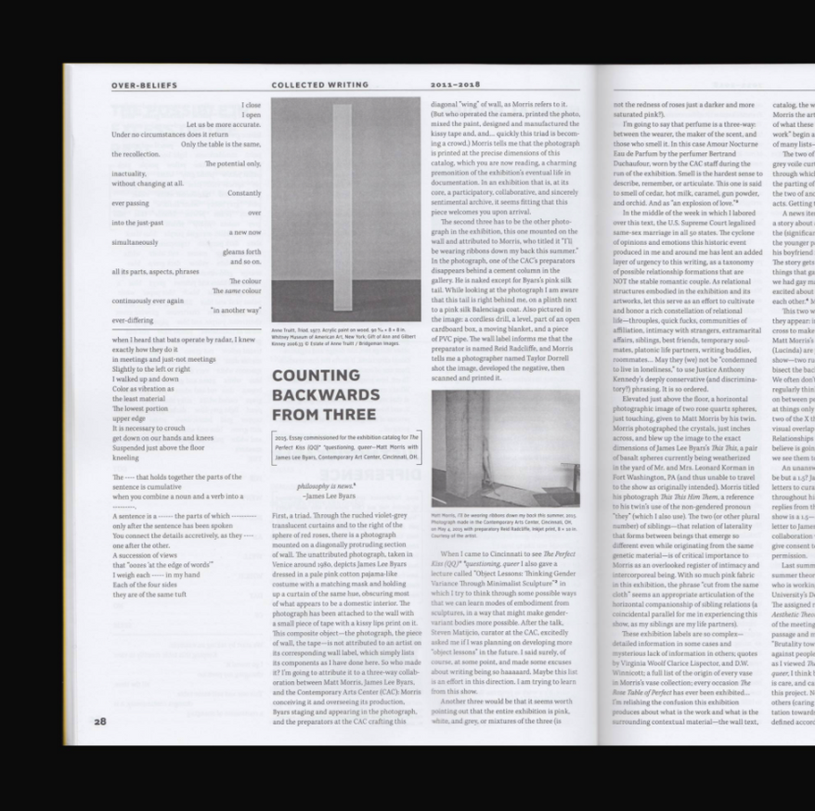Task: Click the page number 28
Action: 99,721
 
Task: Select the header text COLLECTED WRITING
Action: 313,85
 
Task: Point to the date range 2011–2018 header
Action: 454,85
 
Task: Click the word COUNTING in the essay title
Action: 316,376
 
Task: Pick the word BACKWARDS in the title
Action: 326,395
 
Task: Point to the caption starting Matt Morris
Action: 504,526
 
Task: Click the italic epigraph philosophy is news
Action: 326,485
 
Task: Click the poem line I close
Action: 251,105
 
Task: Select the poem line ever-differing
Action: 132,320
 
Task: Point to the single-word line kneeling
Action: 125,457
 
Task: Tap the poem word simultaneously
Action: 135,242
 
